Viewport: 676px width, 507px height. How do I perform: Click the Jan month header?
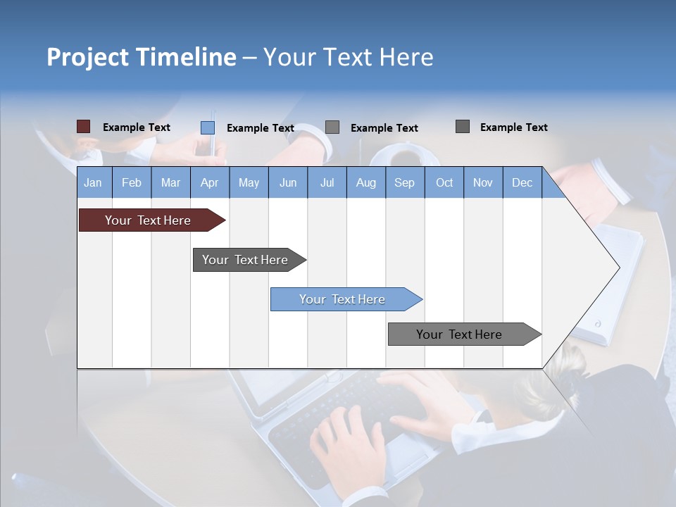point(93,182)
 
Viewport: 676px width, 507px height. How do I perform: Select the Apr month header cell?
point(209,182)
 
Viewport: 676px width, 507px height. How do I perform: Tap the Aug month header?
point(365,182)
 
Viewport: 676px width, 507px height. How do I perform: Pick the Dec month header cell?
point(522,182)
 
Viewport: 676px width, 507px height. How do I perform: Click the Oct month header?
point(444,182)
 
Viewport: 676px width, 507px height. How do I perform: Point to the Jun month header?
point(287,182)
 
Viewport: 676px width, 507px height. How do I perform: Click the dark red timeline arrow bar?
point(148,220)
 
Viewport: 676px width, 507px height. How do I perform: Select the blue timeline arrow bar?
point(342,299)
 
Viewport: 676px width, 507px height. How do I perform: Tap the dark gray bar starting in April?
point(245,260)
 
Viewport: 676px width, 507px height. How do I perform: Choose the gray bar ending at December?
point(459,334)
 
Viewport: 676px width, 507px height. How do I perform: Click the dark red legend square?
point(83,127)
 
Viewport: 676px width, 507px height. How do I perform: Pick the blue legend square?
point(207,127)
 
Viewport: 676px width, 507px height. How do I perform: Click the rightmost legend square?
point(462,127)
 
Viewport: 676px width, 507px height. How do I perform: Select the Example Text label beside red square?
point(137,127)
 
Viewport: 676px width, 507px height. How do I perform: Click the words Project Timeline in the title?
point(141,57)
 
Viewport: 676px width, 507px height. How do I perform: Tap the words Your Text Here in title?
point(348,57)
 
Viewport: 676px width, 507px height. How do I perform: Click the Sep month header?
point(404,182)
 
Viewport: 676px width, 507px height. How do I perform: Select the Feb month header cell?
point(131,182)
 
